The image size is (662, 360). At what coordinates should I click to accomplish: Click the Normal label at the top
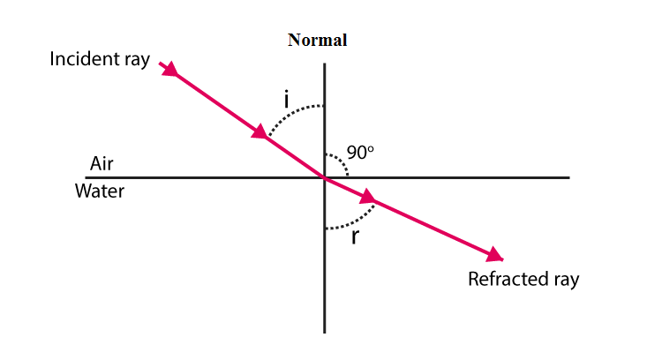pyautogui.click(x=317, y=40)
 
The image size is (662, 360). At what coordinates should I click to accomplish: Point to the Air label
pyautogui.click(x=102, y=163)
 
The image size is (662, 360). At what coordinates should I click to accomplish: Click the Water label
pyautogui.click(x=100, y=191)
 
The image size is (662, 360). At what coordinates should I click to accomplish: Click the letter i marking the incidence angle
pyautogui.click(x=287, y=100)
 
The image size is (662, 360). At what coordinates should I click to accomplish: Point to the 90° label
pyautogui.click(x=360, y=153)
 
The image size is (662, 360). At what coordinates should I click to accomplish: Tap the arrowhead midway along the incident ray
pyautogui.click(x=260, y=133)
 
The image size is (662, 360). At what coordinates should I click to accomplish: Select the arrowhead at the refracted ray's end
pyautogui.click(x=495, y=255)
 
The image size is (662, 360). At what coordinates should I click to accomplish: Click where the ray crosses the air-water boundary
pyautogui.click(x=325, y=177)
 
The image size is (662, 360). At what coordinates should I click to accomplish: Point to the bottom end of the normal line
pyautogui.click(x=325, y=331)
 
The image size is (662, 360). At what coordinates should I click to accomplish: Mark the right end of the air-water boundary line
pyautogui.click(x=569, y=177)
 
